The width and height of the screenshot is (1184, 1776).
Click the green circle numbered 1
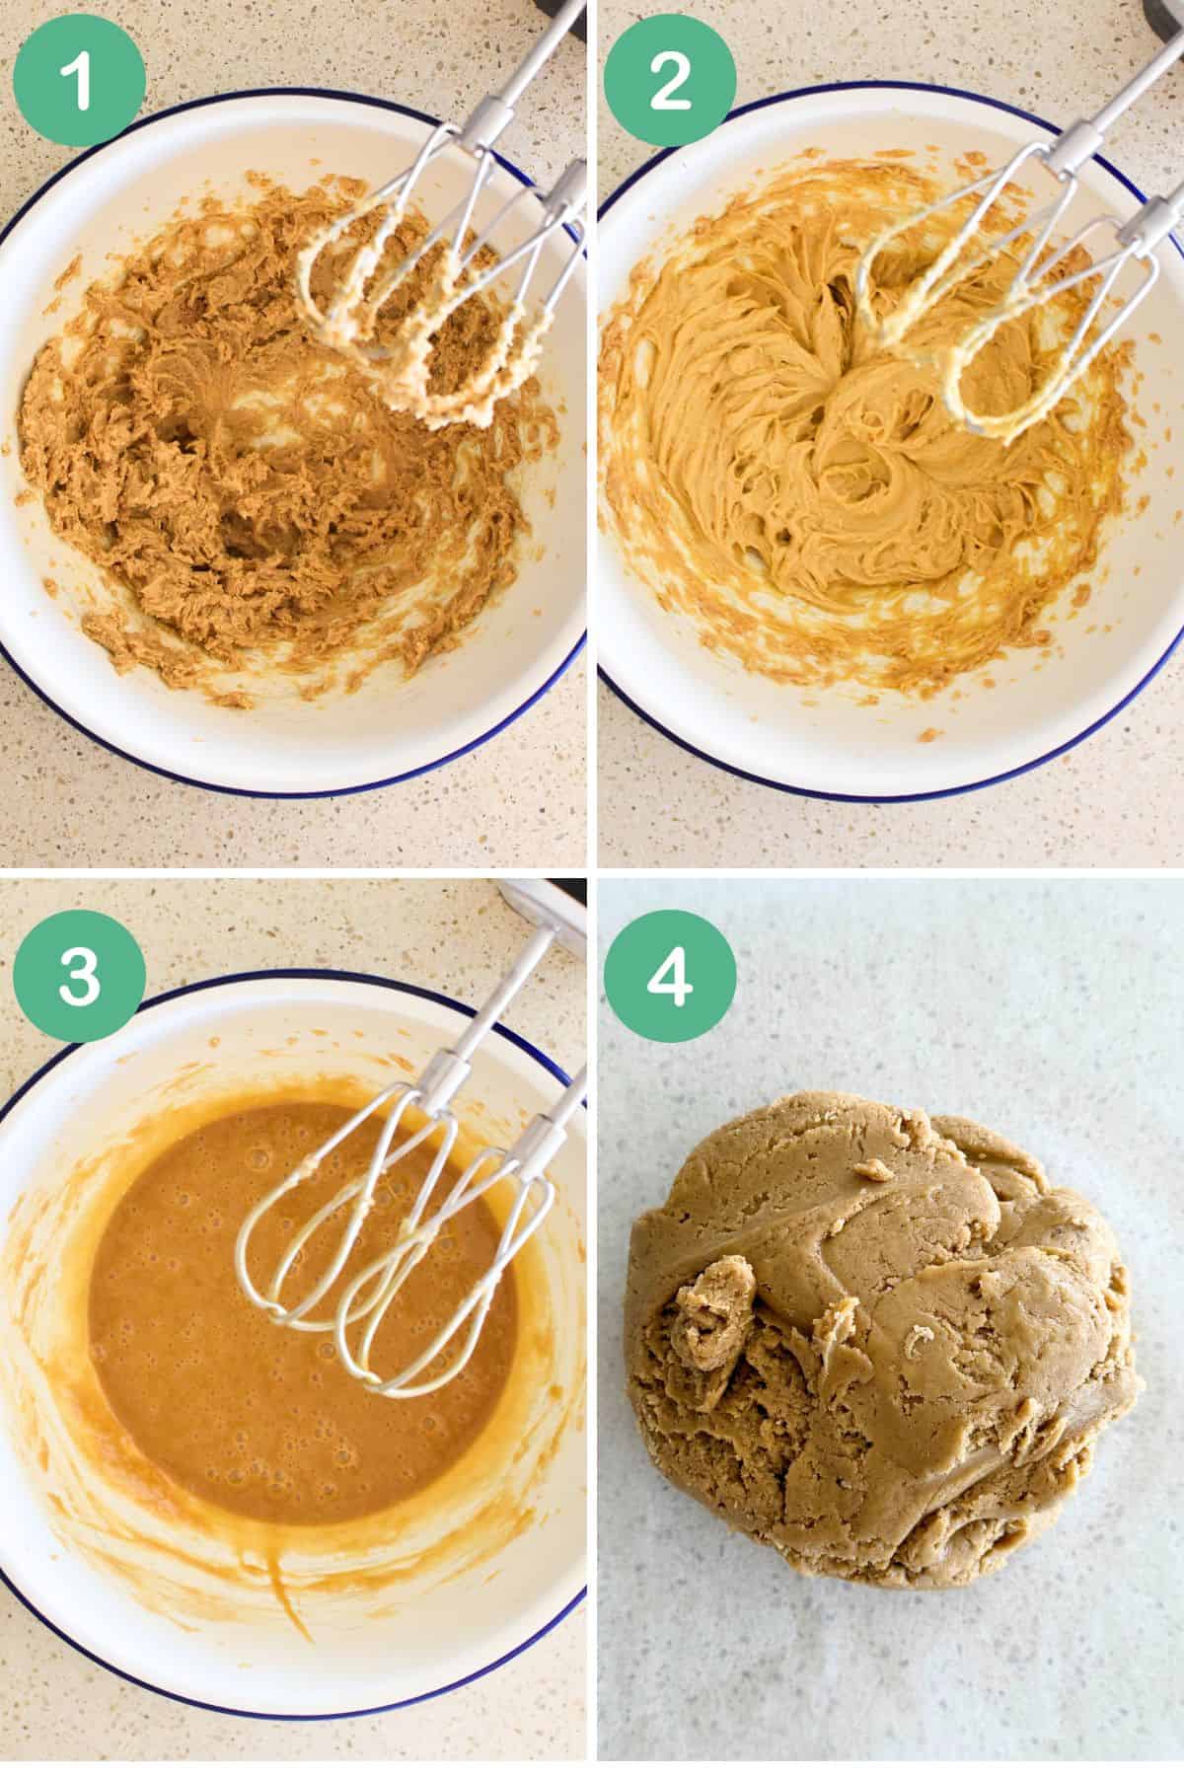pos(79,79)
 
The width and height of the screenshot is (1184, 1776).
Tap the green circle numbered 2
pos(670,79)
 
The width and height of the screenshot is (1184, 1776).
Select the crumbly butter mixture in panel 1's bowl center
pos(227,474)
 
